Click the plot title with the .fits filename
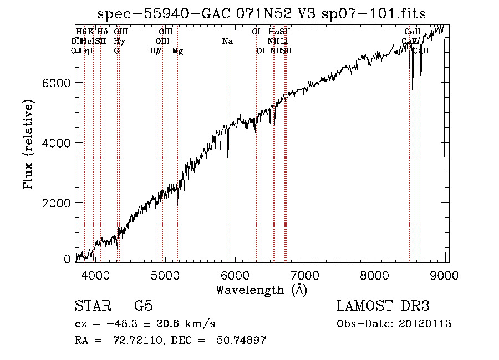pos(261,14)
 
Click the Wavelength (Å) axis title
pos(261,290)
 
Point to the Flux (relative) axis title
pos(28,144)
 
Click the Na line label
pos(227,42)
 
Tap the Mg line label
pos(177,51)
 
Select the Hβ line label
pos(156,51)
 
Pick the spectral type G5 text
pos(143,306)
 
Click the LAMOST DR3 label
pos(383,306)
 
